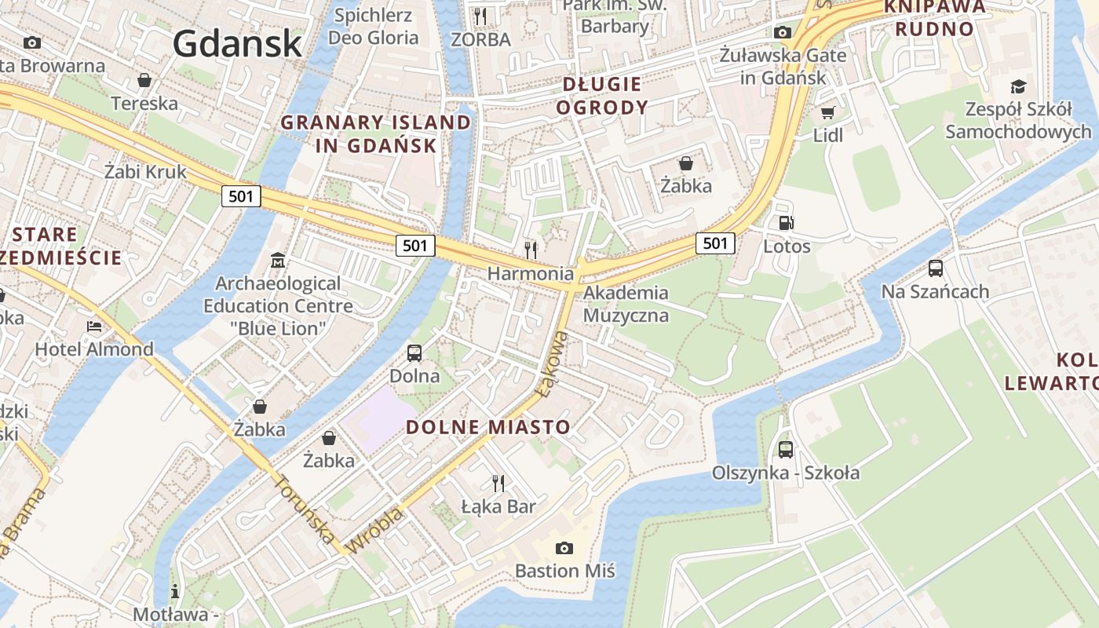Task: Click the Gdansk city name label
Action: pyautogui.click(x=237, y=43)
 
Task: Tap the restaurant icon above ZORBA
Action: pyautogui.click(x=480, y=16)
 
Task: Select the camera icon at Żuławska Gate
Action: pyautogui.click(x=782, y=32)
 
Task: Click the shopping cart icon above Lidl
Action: pyautogui.click(x=827, y=112)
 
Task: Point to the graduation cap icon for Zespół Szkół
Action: pyautogui.click(x=1018, y=86)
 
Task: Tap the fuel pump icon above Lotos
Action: pyautogui.click(x=786, y=223)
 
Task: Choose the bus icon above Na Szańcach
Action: pyautogui.click(x=935, y=268)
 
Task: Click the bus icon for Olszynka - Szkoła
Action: pyautogui.click(x=785, y=450)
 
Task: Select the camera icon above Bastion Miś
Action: pyautogui.click(x=564, y=548)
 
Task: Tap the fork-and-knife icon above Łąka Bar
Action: pyautogui.click(x=498, y=483)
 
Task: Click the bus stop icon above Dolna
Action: pyautogui.click(x=414, y=353)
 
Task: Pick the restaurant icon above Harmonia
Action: pyautogui.click(x=531, y=250)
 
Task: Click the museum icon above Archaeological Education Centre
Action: pyautogui.click(x=277, y=260)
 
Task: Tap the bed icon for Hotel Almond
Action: pyautogui.click(x=93, y=327)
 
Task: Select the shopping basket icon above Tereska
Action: pyautogui.click(x=144, y=80)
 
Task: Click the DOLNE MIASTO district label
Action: pyautogui.click(x=488, y=427)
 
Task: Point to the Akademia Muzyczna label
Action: pyautogui.click(x=626, y=305)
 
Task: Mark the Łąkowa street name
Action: pyautogui.click(x=552, y=363)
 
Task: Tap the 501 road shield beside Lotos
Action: pyautogui.click(x=715, y=243)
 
